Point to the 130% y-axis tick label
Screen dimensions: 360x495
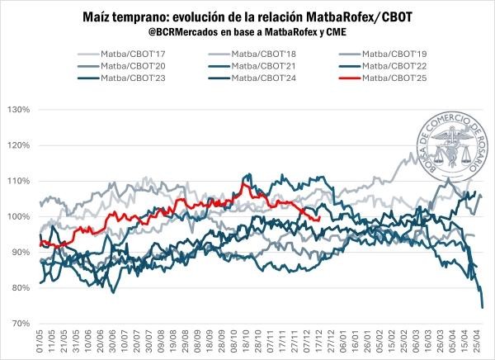coord(18,110)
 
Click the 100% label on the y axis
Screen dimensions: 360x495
coord(18,216)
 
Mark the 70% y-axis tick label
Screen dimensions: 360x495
coord(20,324)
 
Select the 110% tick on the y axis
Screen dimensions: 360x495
coord(18,181)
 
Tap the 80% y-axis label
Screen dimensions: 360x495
coord(20,288)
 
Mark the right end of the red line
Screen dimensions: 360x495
coord(320,219)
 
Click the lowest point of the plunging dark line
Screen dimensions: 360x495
coord(483,307)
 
